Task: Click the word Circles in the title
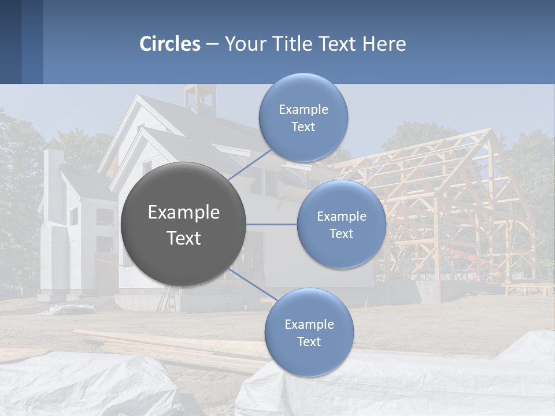click(170, 44)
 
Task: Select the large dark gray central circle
click(183, 224)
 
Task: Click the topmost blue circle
click(303, 117)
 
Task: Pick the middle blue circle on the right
click(341, 224)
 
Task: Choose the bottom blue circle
click(309, 332)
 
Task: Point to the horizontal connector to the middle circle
click(272, 224)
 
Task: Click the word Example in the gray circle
click(183, 213)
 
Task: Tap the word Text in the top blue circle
click(303, 127)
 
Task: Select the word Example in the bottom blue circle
click(309, 324)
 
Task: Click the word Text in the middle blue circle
click(341, 234)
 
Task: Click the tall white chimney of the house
click(53, 173)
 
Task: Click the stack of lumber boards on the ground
click(173, 347)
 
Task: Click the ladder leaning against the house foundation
click(165, 298)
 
